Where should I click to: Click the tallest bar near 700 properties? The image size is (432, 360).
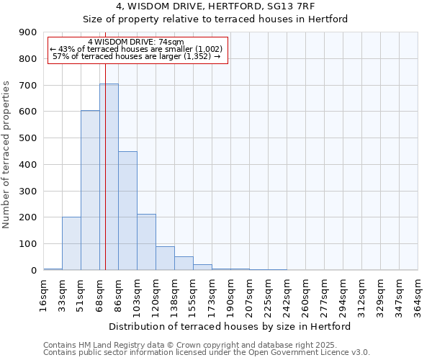(x=109, y=177)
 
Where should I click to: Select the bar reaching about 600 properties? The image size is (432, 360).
(x=90, y=191)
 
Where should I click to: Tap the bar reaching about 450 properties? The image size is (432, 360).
(x=127, y=211)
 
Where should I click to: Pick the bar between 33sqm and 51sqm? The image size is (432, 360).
(x=71, y=243)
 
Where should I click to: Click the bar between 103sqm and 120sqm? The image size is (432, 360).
(x=146, y=242)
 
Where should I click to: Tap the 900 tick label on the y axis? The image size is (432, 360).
(x=28, y=32)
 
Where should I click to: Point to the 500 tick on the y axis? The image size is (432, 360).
(x=28, y=138)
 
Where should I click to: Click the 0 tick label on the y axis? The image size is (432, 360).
(x=34, y=271)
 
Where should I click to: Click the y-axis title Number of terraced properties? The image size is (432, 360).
(x=6, y=155)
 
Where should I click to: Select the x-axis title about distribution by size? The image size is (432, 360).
(x=230, y=327)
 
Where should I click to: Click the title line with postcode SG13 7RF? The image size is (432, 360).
(x=230, y=6)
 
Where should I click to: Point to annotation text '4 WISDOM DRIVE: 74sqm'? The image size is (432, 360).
(x=136, y=42)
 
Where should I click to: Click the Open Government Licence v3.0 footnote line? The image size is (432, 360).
(x=207, y=353)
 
